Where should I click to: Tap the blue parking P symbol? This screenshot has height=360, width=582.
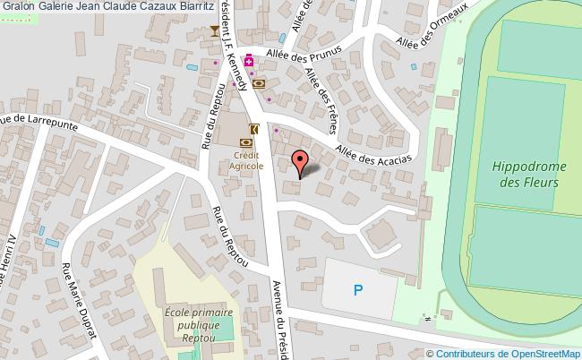click(358, 289)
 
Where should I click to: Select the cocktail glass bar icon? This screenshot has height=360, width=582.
click(215, 32)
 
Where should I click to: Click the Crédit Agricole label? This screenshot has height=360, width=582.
click(244, 160)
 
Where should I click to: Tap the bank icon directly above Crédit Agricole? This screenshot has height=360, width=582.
click(245, 141)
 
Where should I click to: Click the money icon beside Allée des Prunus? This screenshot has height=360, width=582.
click(259, 83)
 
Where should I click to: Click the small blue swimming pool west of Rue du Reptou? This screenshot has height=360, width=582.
click(189, 67)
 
